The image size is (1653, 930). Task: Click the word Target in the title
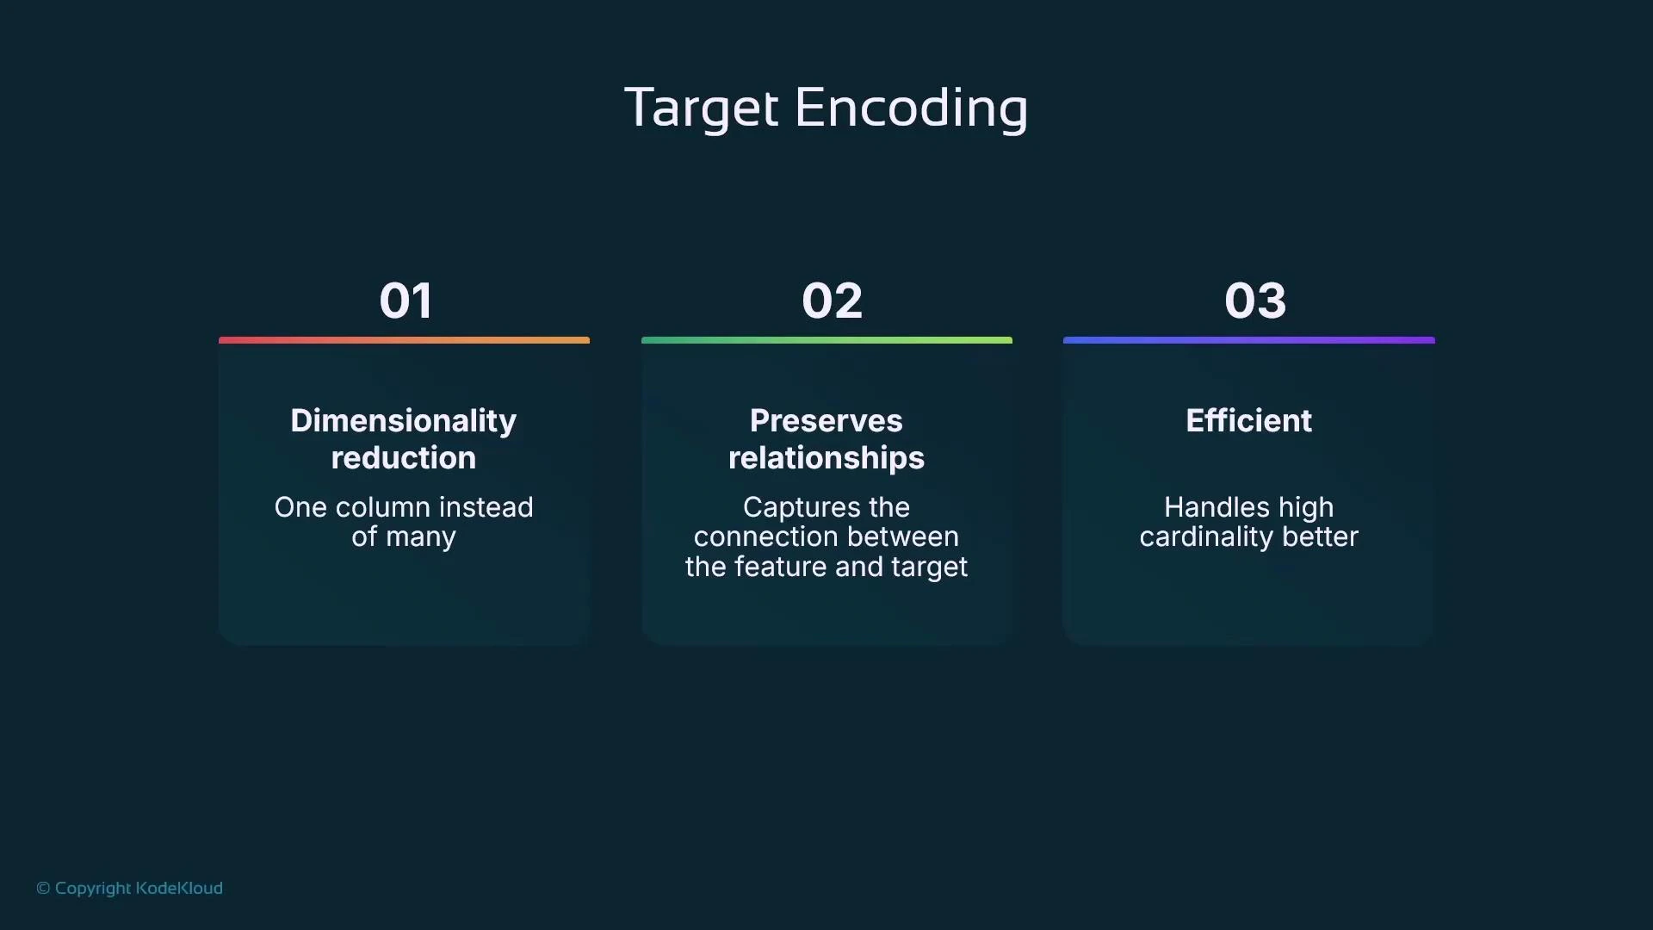coord(701,109)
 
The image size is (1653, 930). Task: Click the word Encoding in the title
coord(911,109)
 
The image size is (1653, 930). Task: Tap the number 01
coord(406,301)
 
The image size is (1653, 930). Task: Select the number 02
coord(832,301)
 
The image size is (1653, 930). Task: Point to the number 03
coord(1255,301)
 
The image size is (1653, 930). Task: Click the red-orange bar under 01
coord(404,340)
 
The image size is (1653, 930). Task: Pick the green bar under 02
coord(826,340)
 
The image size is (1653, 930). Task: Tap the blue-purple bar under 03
coord(1248,340)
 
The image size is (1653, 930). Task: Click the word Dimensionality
coord(403,421)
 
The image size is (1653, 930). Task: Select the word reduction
coord(403,458)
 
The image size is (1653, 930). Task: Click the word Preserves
coord(826,421)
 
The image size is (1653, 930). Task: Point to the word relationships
coord(826,458)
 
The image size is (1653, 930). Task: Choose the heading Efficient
coord(1248,421)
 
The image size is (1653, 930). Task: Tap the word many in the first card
coord(420,537)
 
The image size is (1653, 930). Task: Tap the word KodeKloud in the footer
coord(179,888)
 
